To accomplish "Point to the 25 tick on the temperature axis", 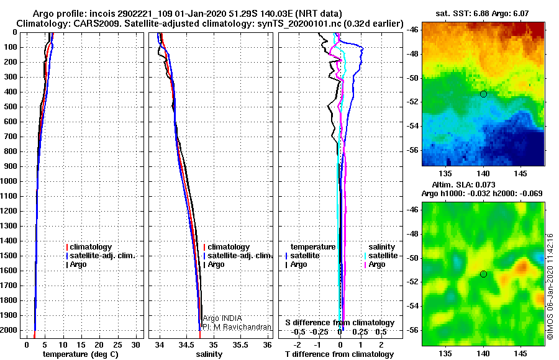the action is click(117, 344).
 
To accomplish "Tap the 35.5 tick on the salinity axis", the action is click(240, 344).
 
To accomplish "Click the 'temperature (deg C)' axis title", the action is click(80, 354).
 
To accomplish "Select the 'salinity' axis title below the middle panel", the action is click(209, 354).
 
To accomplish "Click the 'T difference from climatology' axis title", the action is click(339, 354).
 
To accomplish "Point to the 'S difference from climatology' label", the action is click(340, 323).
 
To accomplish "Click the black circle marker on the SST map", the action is click(483, 94).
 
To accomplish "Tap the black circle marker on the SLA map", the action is click(483, 274).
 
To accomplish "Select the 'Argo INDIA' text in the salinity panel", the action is click(222, 318).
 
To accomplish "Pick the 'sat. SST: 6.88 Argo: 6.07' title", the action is click(482, 14).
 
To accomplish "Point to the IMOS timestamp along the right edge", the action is click(550, 286).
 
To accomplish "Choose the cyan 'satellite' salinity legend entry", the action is click(381, 256).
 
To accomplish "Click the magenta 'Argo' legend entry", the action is click(375, 264).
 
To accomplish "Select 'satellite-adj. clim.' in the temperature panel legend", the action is click(101, 256).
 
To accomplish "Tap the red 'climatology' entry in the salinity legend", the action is click(227, 246).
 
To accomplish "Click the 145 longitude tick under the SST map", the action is click(520, 174).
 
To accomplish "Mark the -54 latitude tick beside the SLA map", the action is click(413, 306).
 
